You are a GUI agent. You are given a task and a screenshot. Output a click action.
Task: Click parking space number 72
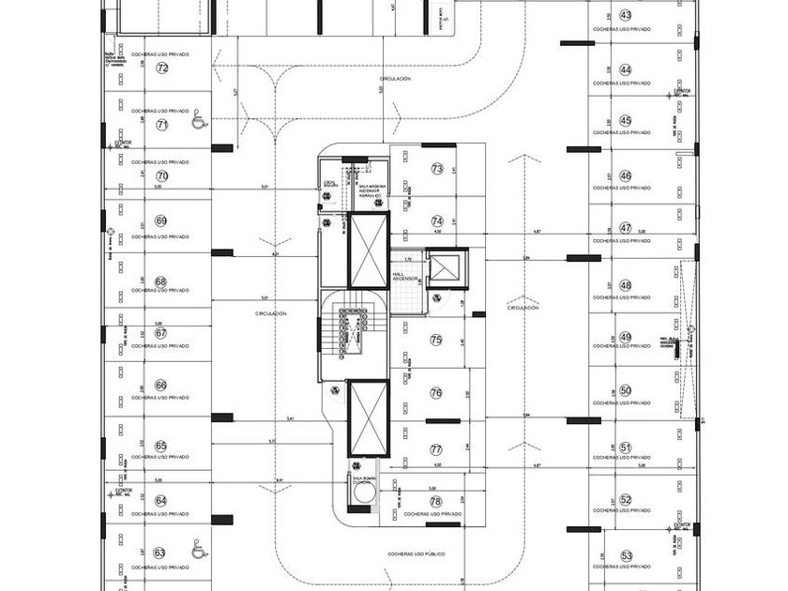pyautogui.click(x=162, y=68)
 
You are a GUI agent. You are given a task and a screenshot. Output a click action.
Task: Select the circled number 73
pyautogui.click(x=436, y=169)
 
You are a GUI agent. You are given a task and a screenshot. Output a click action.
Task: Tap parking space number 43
pyautogui.click(x=626, y=16)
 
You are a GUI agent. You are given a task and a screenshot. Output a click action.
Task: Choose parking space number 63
pyautogui.click(x=160, y=553)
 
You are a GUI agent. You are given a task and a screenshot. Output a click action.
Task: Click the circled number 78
pyautogui.click(x=435, y=502)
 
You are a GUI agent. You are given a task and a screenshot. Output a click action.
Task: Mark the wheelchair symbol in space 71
pyautogui.click(x=198, y=121)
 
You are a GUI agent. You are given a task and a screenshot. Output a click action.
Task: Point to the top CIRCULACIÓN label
pyautogui.click(x=396, y=79)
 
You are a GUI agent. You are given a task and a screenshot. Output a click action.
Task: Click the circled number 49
pyautogui.click(x=626, y=338)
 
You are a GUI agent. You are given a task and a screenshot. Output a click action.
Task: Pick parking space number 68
pyautogui.click(x=160, y=281)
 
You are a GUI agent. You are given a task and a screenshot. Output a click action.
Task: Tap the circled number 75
pyautogui.click(x=435, y=340)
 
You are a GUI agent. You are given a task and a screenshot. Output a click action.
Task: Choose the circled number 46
pyautogui.click(x=626, y=176)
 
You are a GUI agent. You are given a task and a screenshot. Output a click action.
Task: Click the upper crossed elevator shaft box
pyautogui.click(x=368, y=250)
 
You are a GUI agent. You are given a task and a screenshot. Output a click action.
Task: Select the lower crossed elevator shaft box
pyautogui.click(x=368, y=417)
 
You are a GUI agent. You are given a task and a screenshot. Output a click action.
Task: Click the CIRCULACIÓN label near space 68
pyautogui.click(x=270, y=313)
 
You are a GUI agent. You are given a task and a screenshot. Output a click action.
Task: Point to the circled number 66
pyautogui.click(x=160, y=385)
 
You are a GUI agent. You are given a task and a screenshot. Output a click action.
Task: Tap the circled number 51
pyautogui.click(x=626, y=448)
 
